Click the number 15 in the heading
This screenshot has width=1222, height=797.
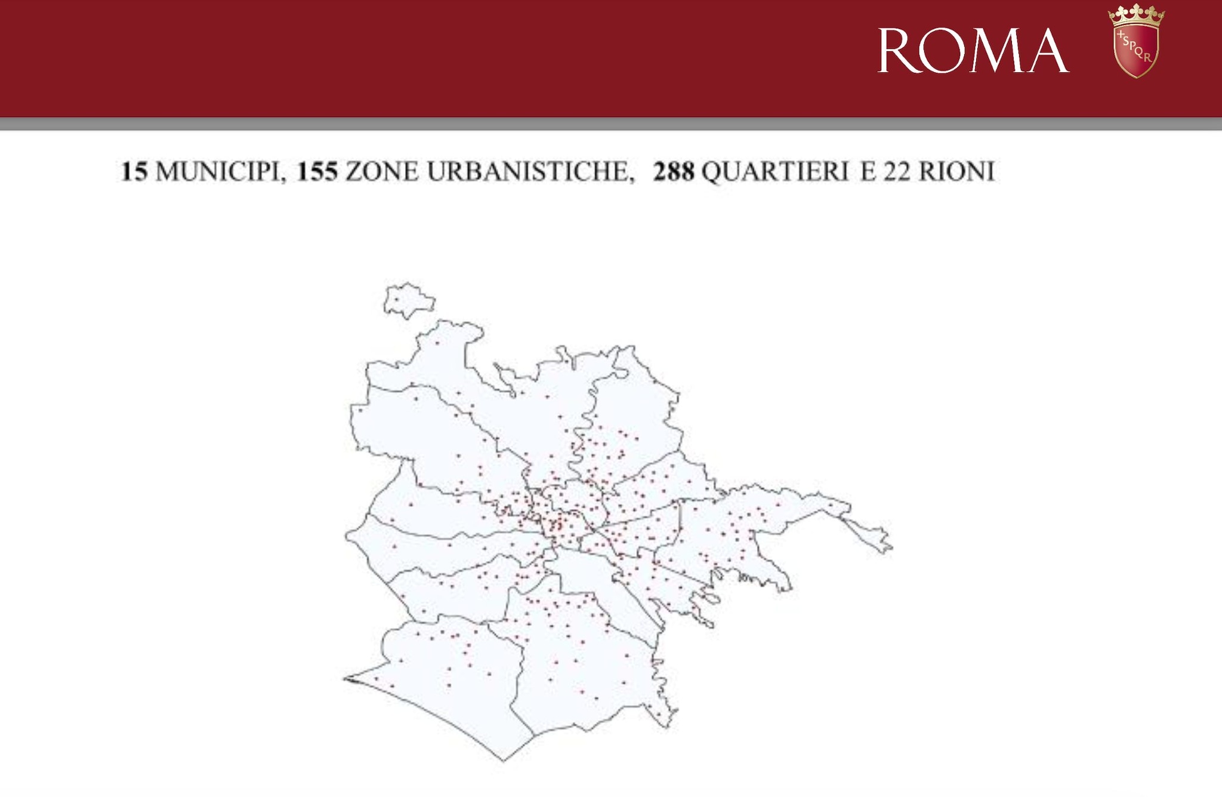(134, 172)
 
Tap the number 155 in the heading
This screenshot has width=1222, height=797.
(317, 172)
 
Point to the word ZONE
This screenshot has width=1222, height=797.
(382, 172)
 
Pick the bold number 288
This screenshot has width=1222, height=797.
(674, 172)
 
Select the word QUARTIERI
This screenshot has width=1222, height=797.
(774, 172)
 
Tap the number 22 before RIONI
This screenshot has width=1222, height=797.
(897, 172)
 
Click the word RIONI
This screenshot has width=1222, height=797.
(956, 172)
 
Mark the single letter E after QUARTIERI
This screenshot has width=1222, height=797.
(868, 172)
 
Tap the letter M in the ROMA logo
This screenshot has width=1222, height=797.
(996, 51)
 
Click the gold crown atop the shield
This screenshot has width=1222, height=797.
(1136, 15)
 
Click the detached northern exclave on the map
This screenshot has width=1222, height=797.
(408, 301)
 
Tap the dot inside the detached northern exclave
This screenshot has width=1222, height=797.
(397, 300)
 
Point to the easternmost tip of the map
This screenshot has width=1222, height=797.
(891, 548)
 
